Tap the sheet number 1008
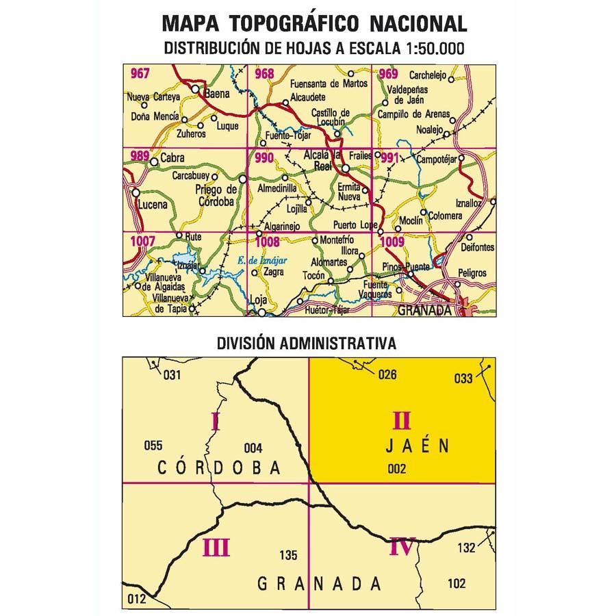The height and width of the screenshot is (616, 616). point(268,241)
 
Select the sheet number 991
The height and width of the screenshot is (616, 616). point(390,159)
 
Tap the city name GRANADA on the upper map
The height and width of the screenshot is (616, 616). point(424,309)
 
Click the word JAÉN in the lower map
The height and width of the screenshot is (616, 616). point(415,446)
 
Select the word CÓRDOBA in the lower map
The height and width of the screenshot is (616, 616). point(219,468)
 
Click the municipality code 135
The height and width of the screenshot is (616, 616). point(289,556)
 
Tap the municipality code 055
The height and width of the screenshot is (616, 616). point(153,446)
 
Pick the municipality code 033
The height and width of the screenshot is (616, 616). point(463,378)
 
